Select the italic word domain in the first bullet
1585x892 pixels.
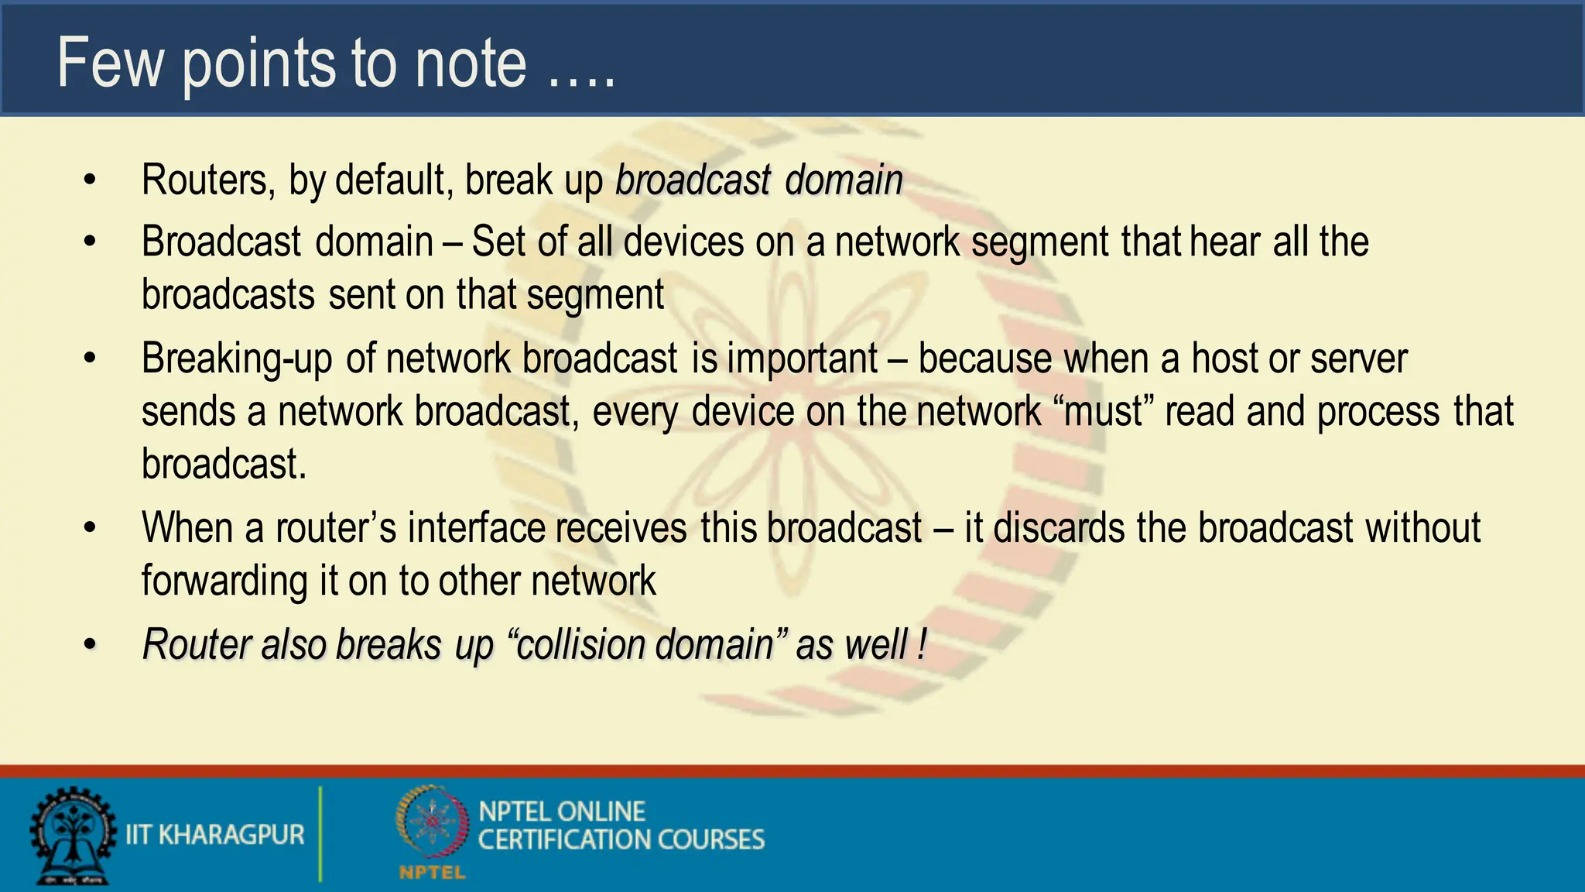(x=844, y=180)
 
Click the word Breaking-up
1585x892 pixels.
(x=237, y=359)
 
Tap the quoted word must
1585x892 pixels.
(x=1104, y=412)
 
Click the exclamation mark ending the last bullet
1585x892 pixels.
(x=922, y=645)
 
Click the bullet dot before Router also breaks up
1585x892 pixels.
(x=91, y=645)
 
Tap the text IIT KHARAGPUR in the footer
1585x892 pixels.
(x=215, y=835)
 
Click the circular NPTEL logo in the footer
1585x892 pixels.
(x=432, y=822)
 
